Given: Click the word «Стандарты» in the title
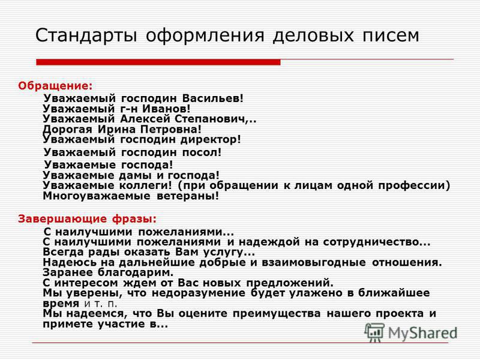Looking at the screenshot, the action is (86, 36).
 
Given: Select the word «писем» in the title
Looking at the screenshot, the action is (391, 35).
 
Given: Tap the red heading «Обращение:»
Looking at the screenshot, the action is (55, 86).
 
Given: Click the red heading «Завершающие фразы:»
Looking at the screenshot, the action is (87, 218).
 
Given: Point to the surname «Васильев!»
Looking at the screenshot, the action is (213, 98).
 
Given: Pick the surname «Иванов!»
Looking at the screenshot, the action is (167, 109).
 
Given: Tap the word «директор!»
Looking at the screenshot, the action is (211, 140).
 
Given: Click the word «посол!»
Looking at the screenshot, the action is (202, 152).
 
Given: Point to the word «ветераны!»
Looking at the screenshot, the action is (188, 196).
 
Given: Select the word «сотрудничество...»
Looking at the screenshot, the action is (377, 242).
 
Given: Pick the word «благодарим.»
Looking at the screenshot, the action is (136, 273).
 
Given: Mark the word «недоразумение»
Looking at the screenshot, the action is (199, 293).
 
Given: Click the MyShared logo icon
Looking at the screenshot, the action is (374, 332).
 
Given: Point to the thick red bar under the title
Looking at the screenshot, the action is (158, 62).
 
